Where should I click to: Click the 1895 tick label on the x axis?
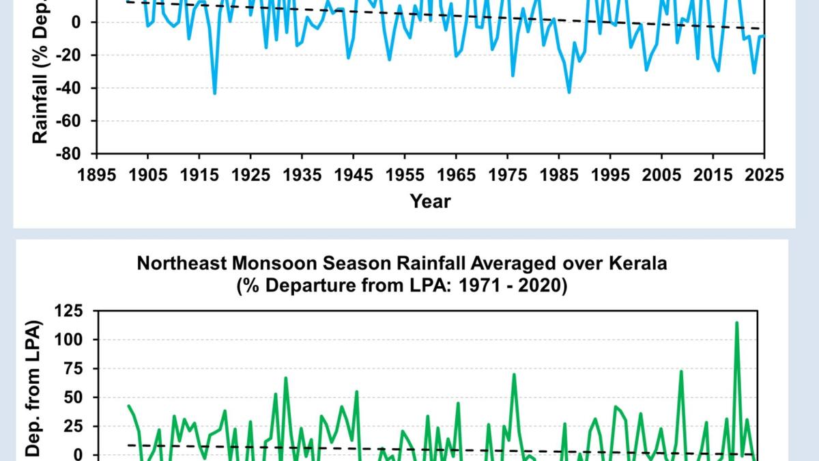[x=97, y=175]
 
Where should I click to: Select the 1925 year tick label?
[x=250, y=175]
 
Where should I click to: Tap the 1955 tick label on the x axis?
[x=405, y=175]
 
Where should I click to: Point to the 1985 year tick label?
[x=559, y=175]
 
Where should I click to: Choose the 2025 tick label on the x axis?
[x=764, y=175]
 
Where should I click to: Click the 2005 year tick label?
[x=661, y=175]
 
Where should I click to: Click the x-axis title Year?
[x=430, y=201]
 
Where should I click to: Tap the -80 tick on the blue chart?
[x=68, y=154]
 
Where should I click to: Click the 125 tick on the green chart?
[x=71, y=311]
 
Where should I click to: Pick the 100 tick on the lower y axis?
[x=71, y=340]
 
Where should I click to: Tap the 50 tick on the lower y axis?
[x=74, y=397]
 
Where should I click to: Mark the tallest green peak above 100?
[x=736, y=322]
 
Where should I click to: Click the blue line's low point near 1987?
[x=569, y=92]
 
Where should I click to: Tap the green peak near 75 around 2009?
[x=681, y=372]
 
